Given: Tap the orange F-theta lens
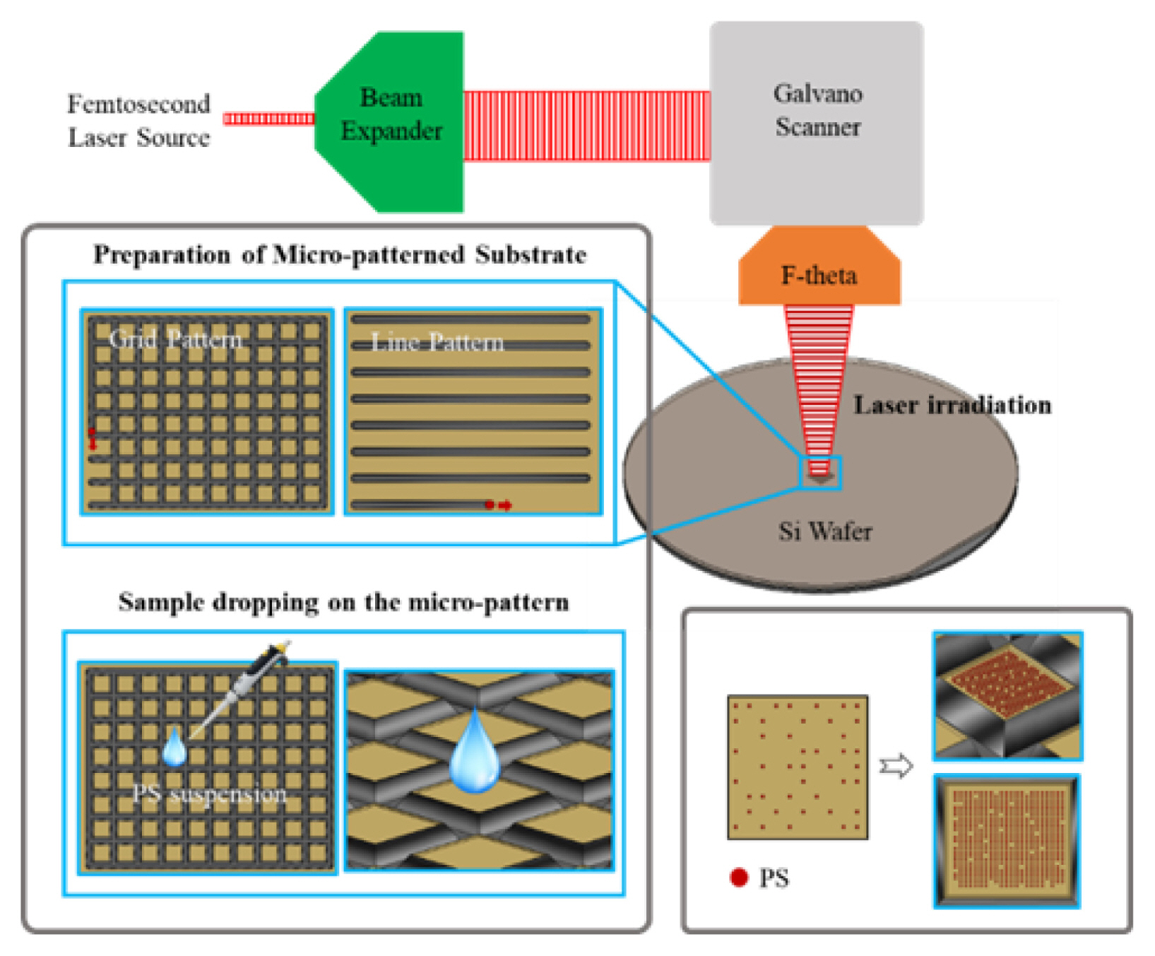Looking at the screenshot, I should pos(819,274).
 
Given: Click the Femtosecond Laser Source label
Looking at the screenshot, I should pos(138,121).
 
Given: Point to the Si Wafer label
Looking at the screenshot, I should pos(825,531).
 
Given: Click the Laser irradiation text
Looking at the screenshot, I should pos(952,405).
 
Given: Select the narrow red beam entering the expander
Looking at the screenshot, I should pos(269,119).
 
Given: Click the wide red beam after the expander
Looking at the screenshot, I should pos(586,125).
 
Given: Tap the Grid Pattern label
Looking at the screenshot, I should pos(175,339).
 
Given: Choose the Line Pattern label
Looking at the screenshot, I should pos(437,343).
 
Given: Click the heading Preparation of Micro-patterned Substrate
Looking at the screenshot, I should pos(340,254).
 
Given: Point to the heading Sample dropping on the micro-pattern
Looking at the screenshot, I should pos(343,602).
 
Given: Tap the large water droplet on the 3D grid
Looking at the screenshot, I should pos(475,753).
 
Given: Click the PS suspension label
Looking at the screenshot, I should pos(210,794).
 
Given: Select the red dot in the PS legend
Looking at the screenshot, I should pos(738,878).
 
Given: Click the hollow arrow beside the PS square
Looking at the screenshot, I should pos(896,766).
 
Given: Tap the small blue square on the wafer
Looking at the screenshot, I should pos(819,473).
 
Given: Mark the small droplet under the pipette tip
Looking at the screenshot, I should pos(174,747).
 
